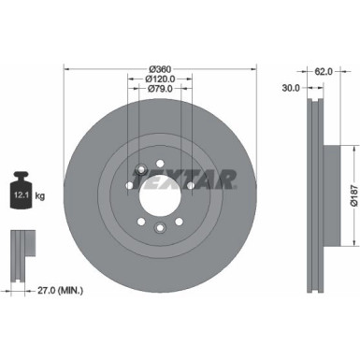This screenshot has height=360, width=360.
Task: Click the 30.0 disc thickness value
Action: [x=290, y=90]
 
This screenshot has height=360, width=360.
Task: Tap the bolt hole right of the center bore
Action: [x=192, y=186]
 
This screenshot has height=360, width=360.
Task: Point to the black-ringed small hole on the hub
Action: [x=139, y=170]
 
